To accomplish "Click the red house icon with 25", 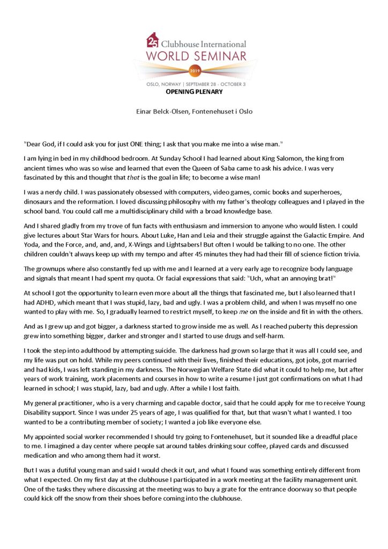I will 152,41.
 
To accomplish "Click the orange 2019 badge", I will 194,70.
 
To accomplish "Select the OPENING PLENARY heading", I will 194,92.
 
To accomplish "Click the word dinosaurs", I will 39,202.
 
